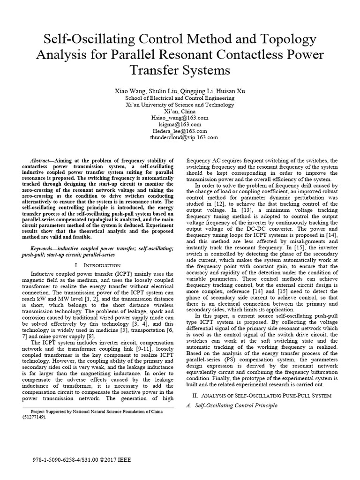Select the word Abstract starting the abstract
(x=39, y=160)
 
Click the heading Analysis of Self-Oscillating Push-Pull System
(x=264, y=396)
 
